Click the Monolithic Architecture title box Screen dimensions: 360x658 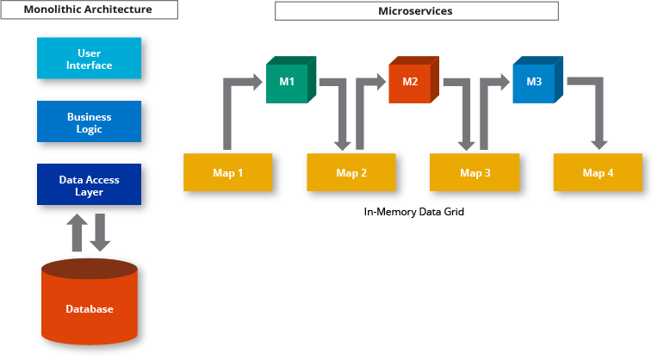[x=90, y=10]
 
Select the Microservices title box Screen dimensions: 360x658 [x=416, y=10]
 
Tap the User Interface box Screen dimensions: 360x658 [x=89, y=59]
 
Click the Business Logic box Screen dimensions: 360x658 [x=89, y=122]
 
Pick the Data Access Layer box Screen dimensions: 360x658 [x=89, y=185]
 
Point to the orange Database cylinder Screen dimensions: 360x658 [x=89, y=306]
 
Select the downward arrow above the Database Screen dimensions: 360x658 [x=101, y=233]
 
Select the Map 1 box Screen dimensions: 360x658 [x=227, y=172]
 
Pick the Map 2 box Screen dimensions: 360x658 [x=351, y=172]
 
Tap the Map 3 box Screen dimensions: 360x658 [x=474, y=172]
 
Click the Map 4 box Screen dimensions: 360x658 [x=597, y=172]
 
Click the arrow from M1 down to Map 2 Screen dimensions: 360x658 [x=340, y=112]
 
